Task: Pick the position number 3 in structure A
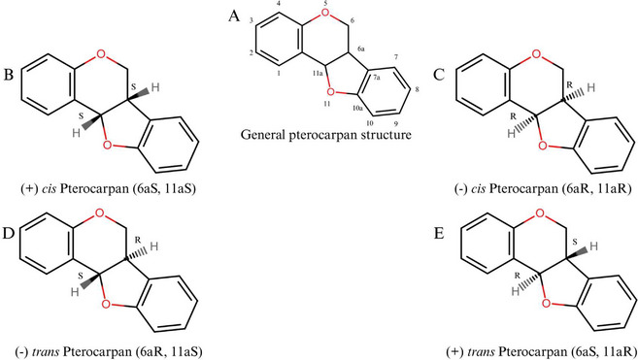[252, 19]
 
